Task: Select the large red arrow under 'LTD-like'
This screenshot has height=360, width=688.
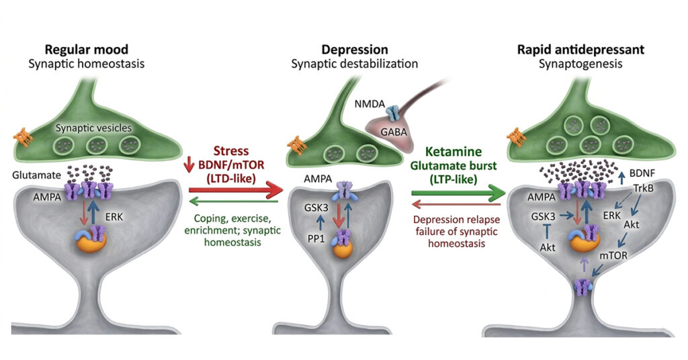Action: (231, 193)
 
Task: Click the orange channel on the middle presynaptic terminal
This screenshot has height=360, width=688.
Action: (293, 144)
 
